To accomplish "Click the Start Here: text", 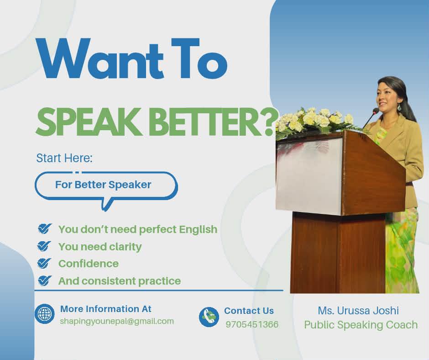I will pyautogui.click(x=64, y=159).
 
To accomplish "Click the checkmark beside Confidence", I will pyautogui.click(x=44, y=264).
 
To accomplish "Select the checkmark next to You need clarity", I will pyautogui.click(x=44, y=247).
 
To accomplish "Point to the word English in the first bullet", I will pyautogui.click(x=198, y=229).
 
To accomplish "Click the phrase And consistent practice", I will pyautogui.click(x=120, y=281).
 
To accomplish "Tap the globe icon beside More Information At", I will pyautogui.click(x=45, y=314).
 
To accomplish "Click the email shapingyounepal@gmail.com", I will pyautogui.click(x=117, y=321).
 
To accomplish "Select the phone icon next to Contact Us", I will pyautogui.click(x=209, y=317).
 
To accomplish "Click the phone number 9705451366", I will pyautogui.click(x=252, y=325).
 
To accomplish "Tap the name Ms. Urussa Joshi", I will pyautogui.click(x=358, y=311).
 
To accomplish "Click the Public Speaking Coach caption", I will pyautogui.click(x=361, y=325).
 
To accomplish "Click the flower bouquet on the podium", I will pyautogui.click(x=315, y=120).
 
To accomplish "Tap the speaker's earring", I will pyautogui.click(x=398, y=107).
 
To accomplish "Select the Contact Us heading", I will pyautogui.click(x=249, y=311).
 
